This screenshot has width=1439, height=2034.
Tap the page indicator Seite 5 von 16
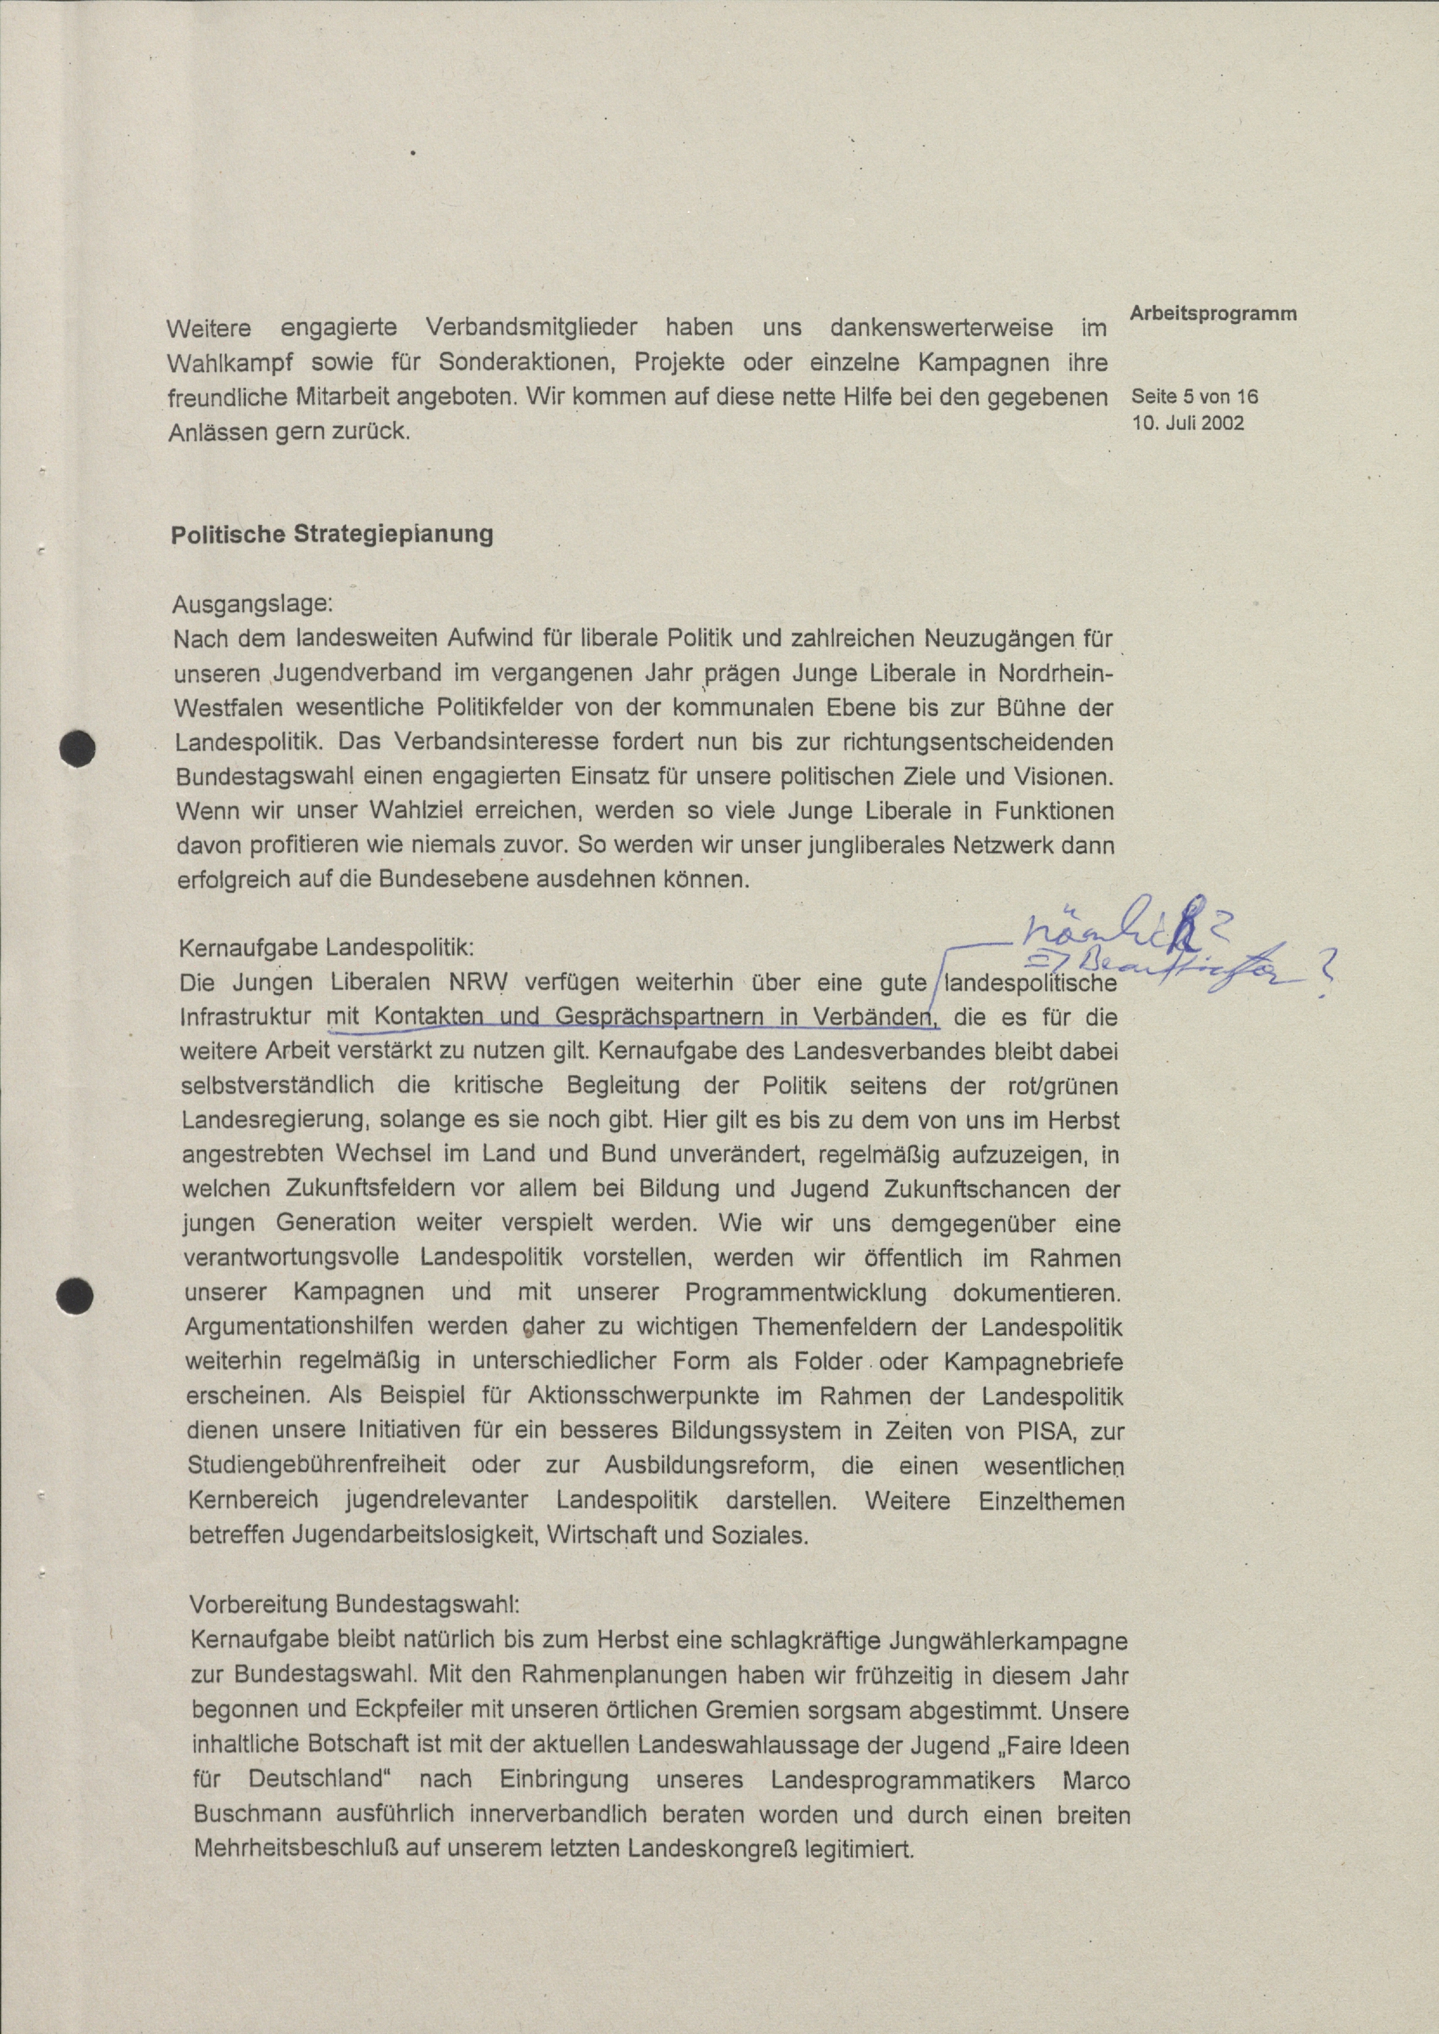tap(1195, 397)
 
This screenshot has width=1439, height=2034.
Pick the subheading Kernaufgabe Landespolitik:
tap(327, 947)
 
